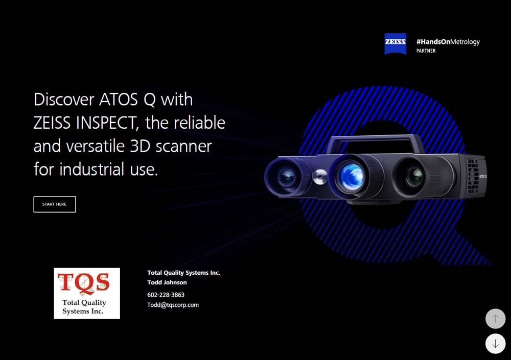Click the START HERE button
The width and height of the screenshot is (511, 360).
tap(55, 204)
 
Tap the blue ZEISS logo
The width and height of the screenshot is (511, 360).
tap(395, 44)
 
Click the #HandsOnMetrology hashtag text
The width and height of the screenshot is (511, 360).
tap(448, 42)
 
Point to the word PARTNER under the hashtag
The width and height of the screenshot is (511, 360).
tap(426, 51)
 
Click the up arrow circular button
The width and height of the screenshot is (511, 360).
tap(495, 319)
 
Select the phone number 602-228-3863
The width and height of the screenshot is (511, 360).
tap(166, 295)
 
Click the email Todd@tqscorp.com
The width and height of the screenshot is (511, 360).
tap(173, 305)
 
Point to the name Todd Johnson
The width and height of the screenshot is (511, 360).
tap(167, 282)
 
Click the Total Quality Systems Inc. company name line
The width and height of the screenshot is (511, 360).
tap(183, 273)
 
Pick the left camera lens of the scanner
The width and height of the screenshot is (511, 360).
tap(288, 177)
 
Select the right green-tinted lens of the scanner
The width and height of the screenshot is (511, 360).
tap(416, 176)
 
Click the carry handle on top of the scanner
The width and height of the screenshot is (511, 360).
tap(373, 139)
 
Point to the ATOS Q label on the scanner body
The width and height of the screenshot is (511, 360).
tap(482, 176)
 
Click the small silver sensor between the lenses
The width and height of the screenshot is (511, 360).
tap(320, 177)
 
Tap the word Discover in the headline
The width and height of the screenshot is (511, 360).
tap(63, 99)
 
